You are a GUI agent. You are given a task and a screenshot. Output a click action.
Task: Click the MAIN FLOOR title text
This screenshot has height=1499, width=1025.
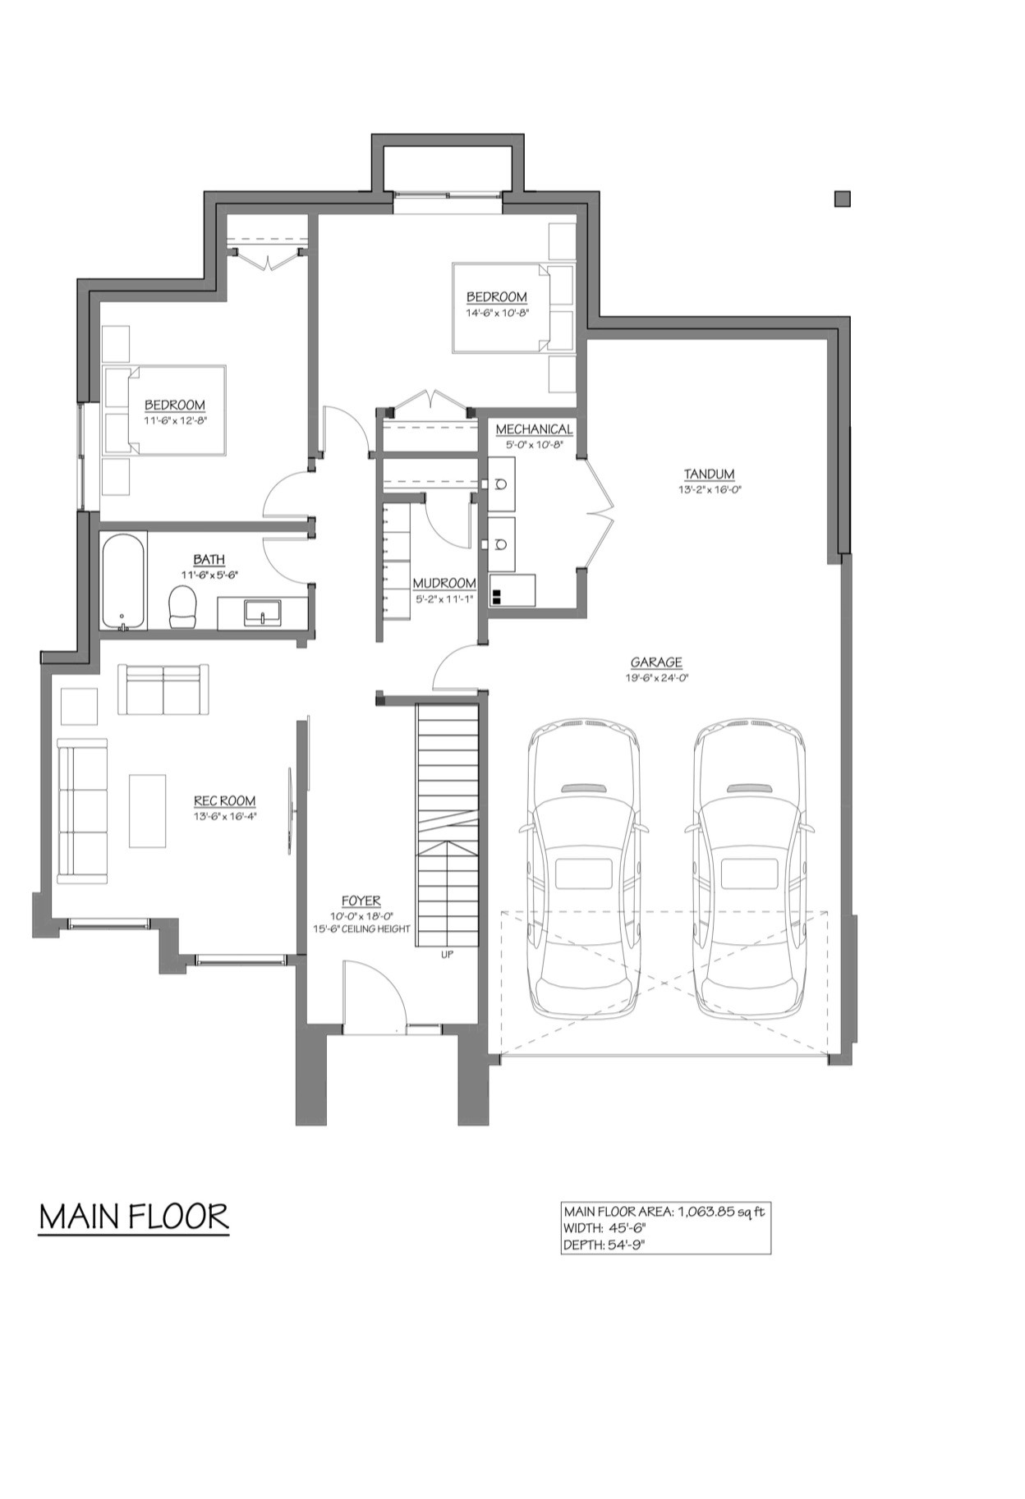pos(133,1217)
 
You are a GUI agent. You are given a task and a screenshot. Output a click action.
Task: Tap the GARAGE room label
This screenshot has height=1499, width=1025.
pos(656,662)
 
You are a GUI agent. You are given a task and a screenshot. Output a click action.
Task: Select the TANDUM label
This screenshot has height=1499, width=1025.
pos(709,474)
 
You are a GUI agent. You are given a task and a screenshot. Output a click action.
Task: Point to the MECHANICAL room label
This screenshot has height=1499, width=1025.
pos(534,429)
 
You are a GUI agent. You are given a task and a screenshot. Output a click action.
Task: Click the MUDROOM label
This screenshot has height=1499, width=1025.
pos(444,584)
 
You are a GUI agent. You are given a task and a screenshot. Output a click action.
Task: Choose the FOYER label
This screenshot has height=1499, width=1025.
pos(361,901)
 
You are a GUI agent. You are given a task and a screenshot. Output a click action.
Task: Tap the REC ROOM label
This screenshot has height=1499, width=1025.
pos(224,801)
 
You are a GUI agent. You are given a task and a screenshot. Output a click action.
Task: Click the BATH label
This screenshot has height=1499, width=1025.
pos(209,561)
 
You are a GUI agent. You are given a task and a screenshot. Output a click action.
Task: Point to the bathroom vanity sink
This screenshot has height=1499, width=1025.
pos(263,612)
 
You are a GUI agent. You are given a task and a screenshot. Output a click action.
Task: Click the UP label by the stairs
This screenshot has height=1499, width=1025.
pos(447,955)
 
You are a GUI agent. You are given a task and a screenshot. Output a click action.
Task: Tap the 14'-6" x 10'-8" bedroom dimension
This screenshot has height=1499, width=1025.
pos(497,313)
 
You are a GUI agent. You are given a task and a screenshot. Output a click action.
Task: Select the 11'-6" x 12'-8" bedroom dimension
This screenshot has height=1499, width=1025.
pos(175,420)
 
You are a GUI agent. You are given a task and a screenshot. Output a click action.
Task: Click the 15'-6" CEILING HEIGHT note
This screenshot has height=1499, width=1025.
pos(361,928)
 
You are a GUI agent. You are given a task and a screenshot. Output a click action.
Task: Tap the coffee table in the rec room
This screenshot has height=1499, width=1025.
pos(148,810)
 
